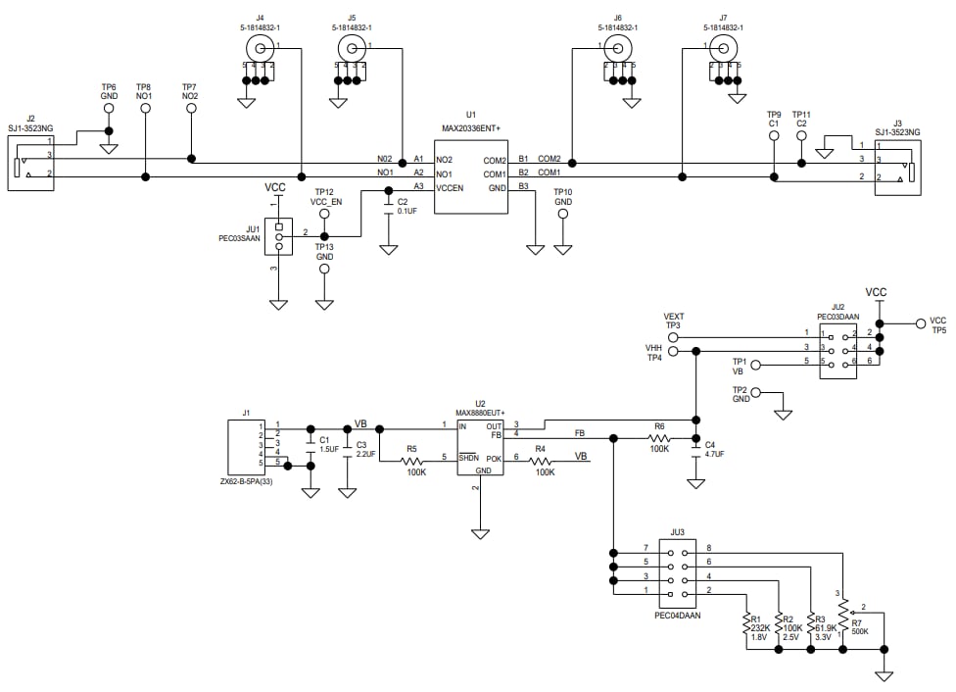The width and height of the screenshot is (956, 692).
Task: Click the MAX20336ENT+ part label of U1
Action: coord(470,127)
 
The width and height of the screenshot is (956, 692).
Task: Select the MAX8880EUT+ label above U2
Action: coord(480,414)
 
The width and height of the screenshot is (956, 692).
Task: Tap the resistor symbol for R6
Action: coord(659,438)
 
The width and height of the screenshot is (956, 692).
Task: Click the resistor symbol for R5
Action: coord(416,458)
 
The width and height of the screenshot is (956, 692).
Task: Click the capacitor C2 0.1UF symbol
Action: coord(389,206)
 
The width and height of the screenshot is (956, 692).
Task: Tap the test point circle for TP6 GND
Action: coord(109,109)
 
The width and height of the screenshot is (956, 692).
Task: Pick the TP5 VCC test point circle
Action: coord(920,323)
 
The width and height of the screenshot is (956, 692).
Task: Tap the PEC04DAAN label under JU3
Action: coord(677,616)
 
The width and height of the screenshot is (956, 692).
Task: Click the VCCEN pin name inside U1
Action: coord(451,186)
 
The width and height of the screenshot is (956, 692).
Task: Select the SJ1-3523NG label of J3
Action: coord(898,132)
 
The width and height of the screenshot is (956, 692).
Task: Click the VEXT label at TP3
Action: coord(673,317)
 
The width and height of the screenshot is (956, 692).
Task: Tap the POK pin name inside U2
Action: coord(494,459)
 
